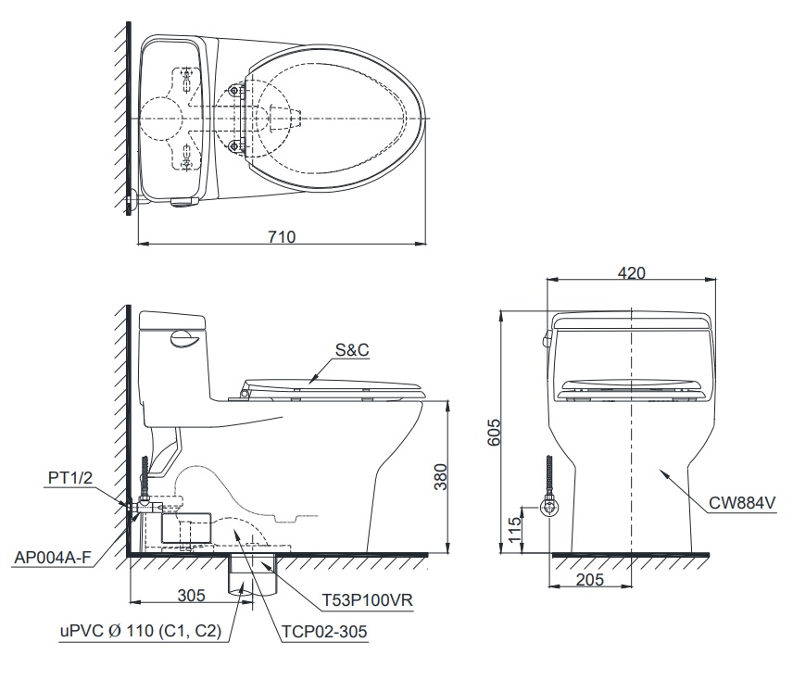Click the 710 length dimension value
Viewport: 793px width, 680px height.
(x=283, y=236)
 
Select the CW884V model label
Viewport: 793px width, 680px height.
(x=741, y=504)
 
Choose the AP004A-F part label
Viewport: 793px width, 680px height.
(x=55, y=558)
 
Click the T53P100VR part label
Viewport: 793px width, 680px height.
(x=367, y=599)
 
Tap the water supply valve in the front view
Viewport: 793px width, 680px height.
(x=550, y=507)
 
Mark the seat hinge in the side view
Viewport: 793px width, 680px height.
(x=244, y=394)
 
